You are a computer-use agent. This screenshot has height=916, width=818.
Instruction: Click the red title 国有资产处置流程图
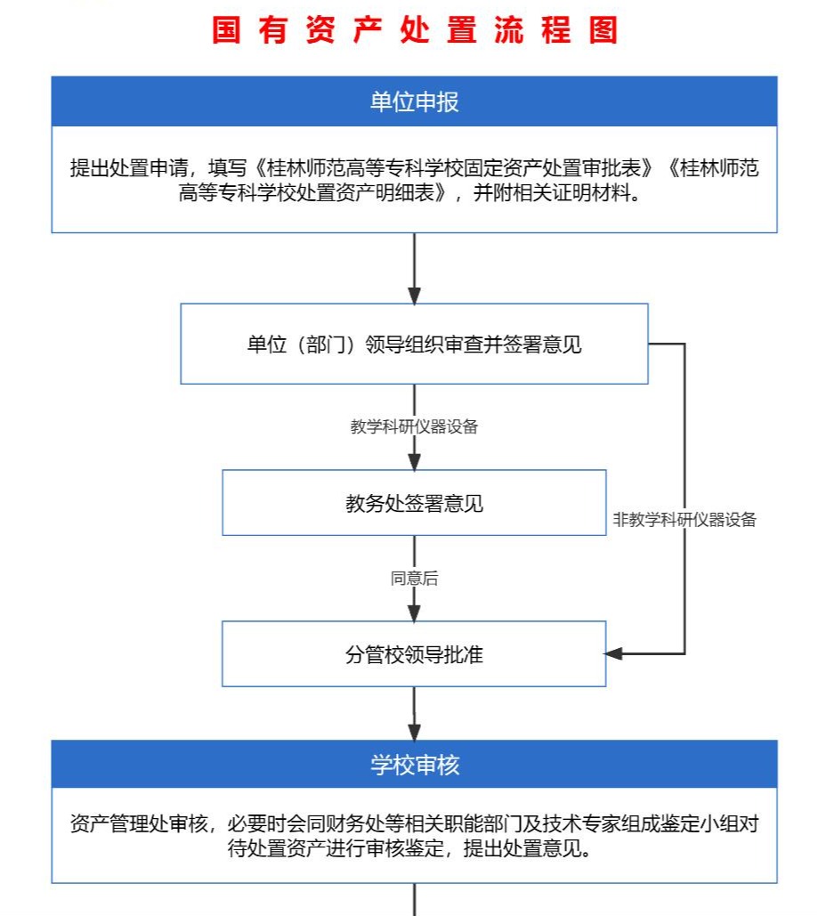(414, 29)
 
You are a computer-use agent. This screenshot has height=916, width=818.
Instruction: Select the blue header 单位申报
(414, 101)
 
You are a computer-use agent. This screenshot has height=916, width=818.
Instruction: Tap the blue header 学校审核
(414, 764)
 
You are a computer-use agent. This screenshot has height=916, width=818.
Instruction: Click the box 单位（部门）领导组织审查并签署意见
(414, 344)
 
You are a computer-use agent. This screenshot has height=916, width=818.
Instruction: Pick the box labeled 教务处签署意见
(414, 502)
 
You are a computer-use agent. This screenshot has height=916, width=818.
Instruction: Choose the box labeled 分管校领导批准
(414, 653)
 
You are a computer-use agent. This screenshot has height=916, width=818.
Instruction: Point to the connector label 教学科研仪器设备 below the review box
(414, 426)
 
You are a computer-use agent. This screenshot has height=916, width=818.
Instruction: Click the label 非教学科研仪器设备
(684, 519)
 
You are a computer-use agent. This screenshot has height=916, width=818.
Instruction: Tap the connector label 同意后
(414, 579)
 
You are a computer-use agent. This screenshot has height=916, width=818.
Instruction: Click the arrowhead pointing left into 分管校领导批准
(613, 653)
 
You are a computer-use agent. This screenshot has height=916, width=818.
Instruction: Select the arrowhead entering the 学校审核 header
(414, 732)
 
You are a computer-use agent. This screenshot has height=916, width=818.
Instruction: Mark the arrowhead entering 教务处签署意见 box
(414, 461)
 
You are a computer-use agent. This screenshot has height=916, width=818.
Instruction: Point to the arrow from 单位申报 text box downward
(414, 268)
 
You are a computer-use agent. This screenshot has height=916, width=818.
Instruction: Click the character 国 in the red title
(226, 29)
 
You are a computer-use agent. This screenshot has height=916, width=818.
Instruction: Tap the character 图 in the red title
(603, 29)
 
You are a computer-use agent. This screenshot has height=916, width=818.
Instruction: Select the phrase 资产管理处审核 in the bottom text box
(139, 823)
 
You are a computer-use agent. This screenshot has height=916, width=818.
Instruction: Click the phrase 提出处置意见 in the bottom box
(522, 847)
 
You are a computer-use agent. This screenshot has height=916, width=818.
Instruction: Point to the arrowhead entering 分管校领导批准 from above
(414, 612)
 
